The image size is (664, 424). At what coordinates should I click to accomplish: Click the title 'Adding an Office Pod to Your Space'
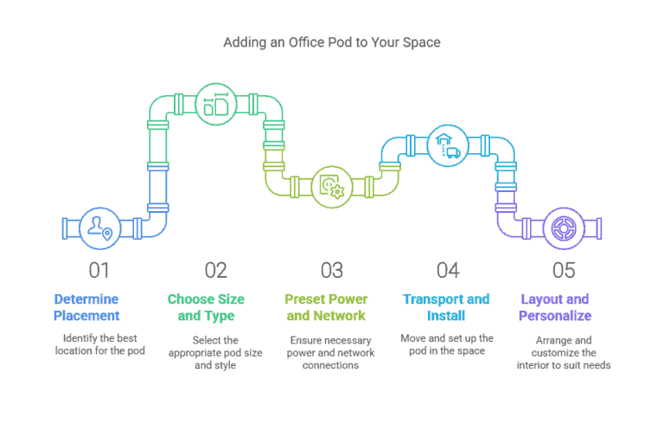tap(331, 42)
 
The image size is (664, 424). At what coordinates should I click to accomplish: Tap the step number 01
tap(99, 270)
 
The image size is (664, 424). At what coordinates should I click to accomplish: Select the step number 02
tap(215, 270)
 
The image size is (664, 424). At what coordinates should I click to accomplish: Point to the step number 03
tap(331, 270)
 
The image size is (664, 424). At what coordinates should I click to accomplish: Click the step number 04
tap(447, 270)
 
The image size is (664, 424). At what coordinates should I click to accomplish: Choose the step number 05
tap(563, 270)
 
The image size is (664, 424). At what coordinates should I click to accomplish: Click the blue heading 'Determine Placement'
tap(86, 307)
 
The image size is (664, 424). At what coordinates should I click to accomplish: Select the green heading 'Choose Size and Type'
tap(206, 307)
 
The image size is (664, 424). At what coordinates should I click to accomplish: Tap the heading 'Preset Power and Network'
tap(325, 307)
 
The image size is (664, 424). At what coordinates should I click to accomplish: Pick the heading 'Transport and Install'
tap(446, 307)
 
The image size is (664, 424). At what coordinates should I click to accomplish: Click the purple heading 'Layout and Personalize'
tap(555, 307)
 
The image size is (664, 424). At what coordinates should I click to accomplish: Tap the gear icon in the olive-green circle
tap(331, 186)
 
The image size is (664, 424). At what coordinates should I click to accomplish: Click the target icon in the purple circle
tap(563, 228)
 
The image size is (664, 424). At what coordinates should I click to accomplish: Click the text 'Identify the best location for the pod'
tap(99, 344)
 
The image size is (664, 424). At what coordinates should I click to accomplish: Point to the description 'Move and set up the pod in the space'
tap(447, 344)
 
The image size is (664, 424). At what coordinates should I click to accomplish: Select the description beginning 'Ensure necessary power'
tap(331, 353)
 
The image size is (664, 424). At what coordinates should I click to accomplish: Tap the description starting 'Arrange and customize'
tap(564, 353)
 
